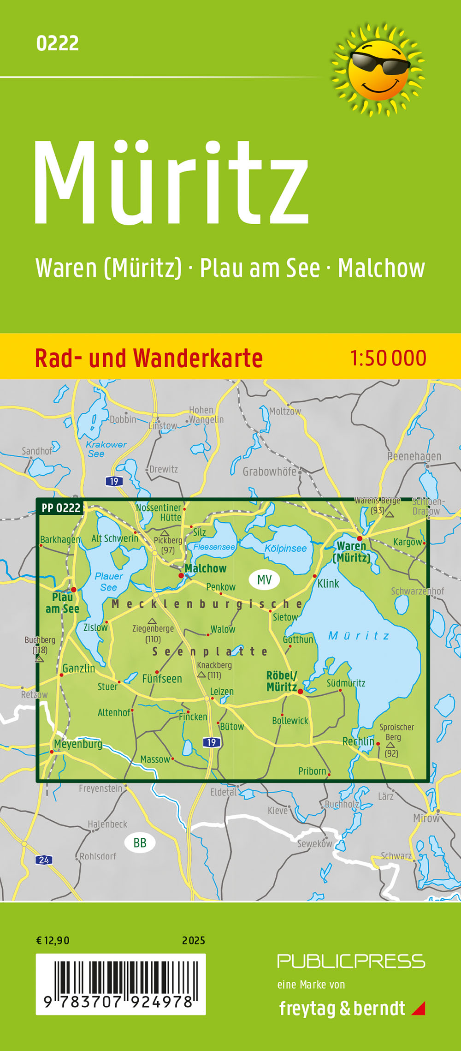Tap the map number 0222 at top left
(x=57, y=43)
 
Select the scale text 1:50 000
(x=388, y=358)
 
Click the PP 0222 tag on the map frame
(x=61, y=508)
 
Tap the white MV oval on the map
(x=264, y=579)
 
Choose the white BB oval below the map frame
(x=140, y=843)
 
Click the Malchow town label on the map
(x=206, y=568)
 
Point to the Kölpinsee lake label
(x=285, y=548)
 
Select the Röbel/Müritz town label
(x=282, y=681)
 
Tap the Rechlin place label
(x=358, y=741)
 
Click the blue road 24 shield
(x=44, y=860)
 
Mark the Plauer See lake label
(x=109, y=581)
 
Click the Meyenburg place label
(x=78, y=744)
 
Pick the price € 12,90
(x=53, y=941)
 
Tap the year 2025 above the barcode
(x=194, y=941)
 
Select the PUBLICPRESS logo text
(x=351, y=961)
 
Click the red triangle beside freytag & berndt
(x=419, y=1008)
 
